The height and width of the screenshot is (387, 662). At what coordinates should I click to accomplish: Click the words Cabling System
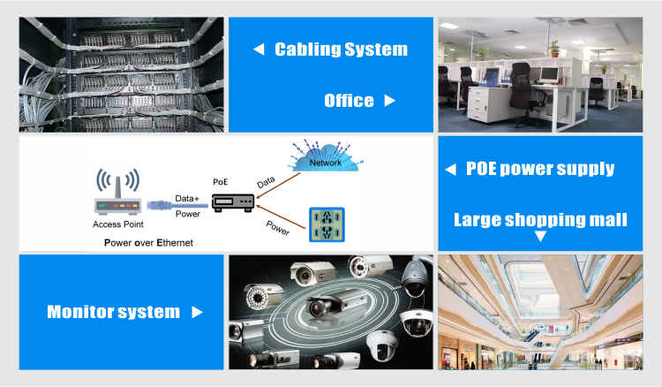coord(341,49)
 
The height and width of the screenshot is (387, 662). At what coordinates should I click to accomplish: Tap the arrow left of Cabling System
coord(259,49)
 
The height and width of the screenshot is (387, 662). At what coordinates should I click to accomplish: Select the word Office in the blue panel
coord(349,101)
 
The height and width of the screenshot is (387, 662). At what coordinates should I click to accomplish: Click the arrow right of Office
coord(389,101)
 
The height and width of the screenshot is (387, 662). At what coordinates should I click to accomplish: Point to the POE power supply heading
coord(540,169)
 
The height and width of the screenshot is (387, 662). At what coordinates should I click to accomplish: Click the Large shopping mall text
coord(540,220)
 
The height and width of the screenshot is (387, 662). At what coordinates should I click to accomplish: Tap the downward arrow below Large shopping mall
coord(540,236)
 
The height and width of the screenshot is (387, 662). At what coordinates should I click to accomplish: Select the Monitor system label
coord(113,312)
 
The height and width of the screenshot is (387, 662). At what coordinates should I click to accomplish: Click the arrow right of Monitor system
coord(197,312)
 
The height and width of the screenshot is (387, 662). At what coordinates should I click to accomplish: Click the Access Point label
coord(117,224)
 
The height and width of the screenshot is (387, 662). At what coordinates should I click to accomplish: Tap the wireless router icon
coord(117,192)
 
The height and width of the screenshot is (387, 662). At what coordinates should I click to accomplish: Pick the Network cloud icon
coord(326,156)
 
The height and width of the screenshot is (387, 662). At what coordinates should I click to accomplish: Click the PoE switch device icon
coord(233,202)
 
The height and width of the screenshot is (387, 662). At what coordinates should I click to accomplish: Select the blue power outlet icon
coord(327,224)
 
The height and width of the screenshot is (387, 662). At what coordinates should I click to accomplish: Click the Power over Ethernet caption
coord(148,243)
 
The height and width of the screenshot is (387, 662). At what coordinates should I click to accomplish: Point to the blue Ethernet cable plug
coord(159,206)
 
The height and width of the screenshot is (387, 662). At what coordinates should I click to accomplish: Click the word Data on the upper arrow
coord(266,182)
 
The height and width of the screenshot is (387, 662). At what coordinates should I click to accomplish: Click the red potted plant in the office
coord(554,49)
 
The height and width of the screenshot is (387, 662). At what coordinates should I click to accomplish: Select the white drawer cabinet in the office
coord(488,104)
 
